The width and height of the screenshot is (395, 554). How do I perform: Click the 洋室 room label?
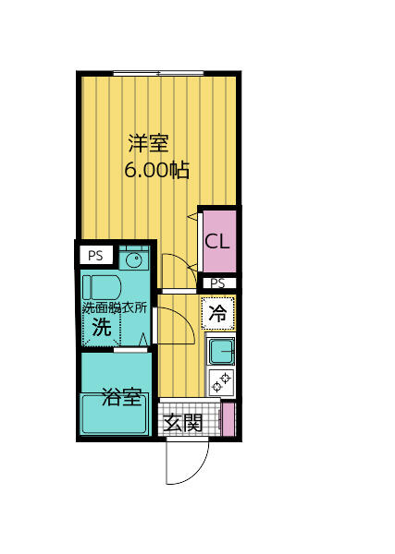point(148,143)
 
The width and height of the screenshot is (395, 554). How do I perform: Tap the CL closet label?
point(218,243)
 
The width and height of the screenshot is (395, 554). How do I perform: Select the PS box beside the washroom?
point(96,256)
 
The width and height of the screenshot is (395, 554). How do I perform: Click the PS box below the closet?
point(217,283)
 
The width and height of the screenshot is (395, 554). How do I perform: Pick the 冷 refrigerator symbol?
point(218,313)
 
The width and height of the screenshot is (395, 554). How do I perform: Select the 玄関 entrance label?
point(182,423)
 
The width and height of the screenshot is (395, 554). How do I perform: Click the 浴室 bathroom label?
point(121,398)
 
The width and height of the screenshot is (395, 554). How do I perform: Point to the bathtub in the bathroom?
point(115,415)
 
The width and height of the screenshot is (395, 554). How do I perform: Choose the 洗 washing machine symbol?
point(102,327)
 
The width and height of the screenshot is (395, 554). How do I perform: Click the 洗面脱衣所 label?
point(115,307)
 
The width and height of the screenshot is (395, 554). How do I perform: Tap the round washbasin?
point(133,259)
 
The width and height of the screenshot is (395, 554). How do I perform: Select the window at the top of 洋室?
point(158,73)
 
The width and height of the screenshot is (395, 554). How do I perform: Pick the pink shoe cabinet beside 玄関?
point(228,418)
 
